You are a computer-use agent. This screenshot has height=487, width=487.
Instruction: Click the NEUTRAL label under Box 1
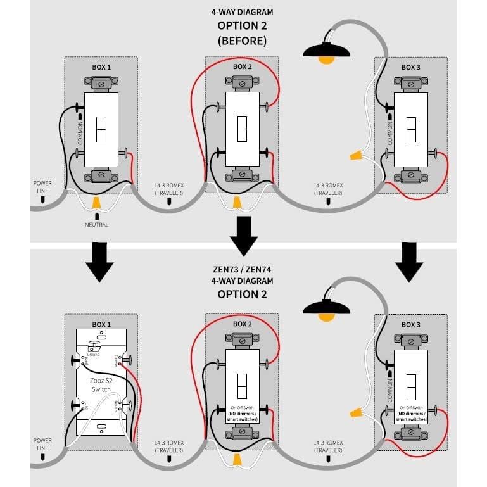click(97, 225)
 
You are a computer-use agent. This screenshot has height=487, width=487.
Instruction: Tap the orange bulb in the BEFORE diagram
click(326, 60)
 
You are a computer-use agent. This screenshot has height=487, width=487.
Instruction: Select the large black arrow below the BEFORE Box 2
click(243, 236)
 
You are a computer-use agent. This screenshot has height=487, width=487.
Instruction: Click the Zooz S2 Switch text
click(101, 386)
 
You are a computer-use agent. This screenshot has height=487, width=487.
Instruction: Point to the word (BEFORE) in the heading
click(243, 41)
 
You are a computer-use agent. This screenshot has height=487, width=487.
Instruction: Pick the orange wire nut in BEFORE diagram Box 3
click(356, 155)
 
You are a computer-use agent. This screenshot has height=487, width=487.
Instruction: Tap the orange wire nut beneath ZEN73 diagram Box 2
click(236, 458)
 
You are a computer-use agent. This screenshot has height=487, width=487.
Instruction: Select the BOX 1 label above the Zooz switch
click(101, 324)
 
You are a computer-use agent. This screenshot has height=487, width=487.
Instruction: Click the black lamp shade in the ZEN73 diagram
click(326, 308)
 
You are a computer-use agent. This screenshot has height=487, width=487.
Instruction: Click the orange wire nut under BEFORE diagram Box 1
click(97, 203)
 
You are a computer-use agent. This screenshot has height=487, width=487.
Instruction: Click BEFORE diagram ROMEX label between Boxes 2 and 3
click(328, 189)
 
